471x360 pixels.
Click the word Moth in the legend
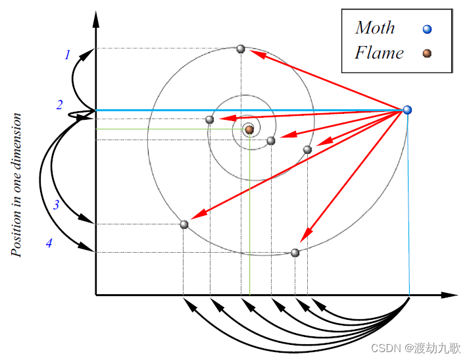tap(375, 28)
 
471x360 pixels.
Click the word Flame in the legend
tap(379, 53)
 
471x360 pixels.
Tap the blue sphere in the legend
tap(428, 29)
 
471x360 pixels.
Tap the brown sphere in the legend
tap(428, 53)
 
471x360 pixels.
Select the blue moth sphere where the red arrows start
tap(407, 110)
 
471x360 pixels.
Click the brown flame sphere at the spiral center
tap(249, 130)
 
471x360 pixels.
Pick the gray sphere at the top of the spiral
tap(241, 49)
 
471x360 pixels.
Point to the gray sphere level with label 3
tap(184, 224)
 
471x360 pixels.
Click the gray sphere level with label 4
tap(295, 253)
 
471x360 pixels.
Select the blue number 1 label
tap(66, 55)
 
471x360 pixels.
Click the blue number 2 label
tap(59, 105)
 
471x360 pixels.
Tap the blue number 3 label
tap(57, 205)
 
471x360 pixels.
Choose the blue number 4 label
tap(49, 244)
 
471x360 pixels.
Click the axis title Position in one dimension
tap(16, 185)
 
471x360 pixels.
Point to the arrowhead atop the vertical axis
tap(96, 18)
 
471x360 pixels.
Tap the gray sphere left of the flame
tap(210, 119)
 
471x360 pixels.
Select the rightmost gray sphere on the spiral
tap(307, 149)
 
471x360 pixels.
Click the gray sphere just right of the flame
tap(271, 140)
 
